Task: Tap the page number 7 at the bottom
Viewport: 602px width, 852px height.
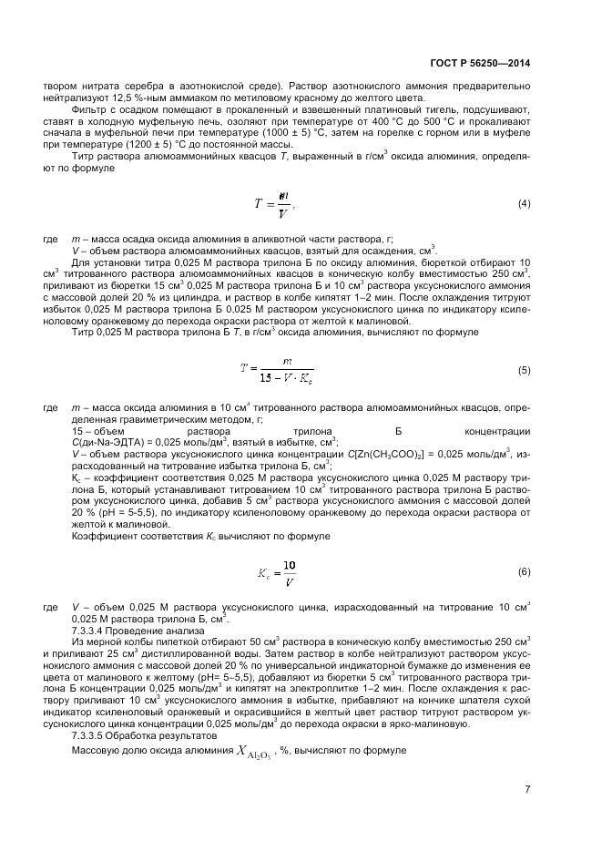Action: pos(527,788)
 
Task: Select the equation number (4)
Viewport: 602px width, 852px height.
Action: pos(524,202)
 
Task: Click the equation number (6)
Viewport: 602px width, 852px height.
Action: pos(524,571)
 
